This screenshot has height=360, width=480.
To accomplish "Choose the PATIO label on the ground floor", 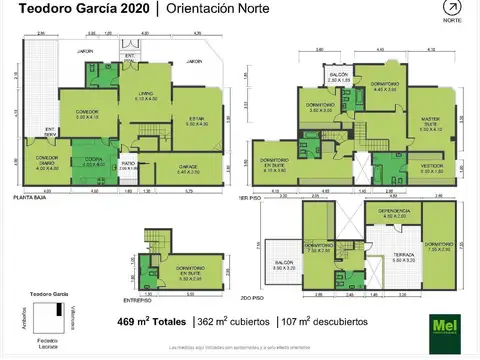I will pyautogui.click(x=128, y=166).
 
